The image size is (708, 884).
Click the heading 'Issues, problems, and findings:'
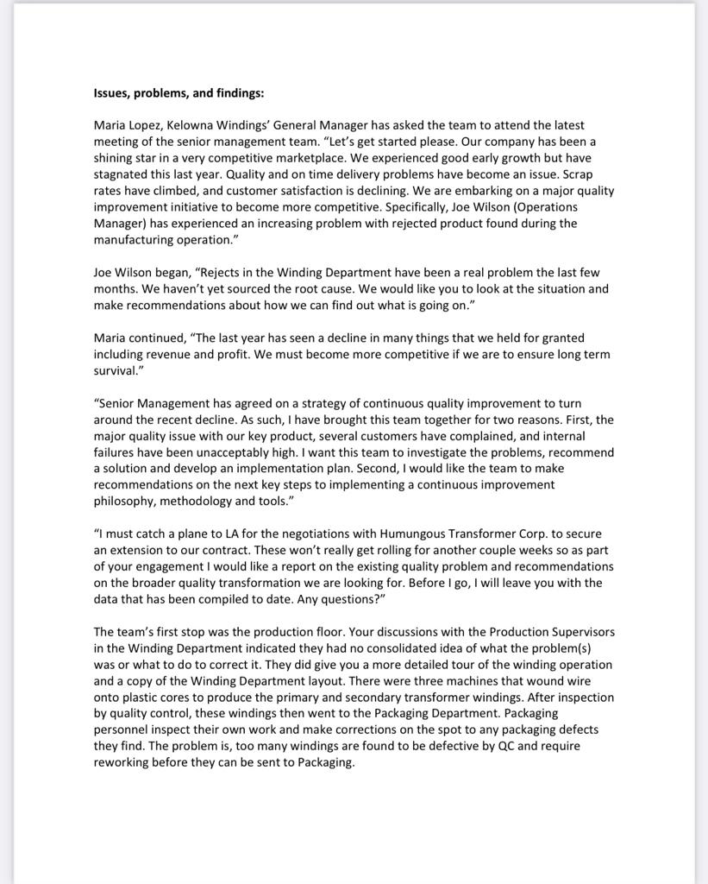179,93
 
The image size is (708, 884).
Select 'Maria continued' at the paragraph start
136,338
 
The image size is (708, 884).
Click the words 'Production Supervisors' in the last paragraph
547,631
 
